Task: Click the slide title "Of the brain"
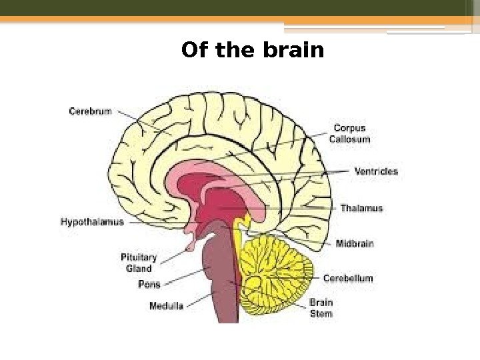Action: coord(252,51)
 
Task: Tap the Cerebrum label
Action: coord(91,112)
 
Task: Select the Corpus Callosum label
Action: coord(350,133)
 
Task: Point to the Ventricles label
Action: coord(376,171)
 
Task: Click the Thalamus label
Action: coord(362,209)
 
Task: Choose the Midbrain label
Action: coord(354,243)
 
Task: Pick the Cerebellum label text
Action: coord(348,278)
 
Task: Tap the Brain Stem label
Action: coord(321,307)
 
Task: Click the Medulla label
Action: coord(166,307)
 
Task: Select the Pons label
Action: coord(149,285)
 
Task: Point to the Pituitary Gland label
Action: coord(139,263)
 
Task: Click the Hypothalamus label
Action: coord(92,222)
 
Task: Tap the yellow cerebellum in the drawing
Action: coord(277,273)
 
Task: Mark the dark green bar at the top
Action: coord(240,7)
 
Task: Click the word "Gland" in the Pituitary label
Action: coord(139,269)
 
